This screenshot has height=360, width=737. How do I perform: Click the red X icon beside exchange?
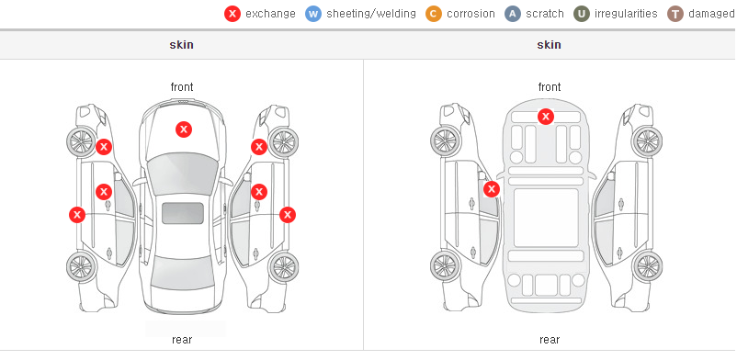(x=232, y=14)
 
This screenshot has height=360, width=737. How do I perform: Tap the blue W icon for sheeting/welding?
(x=313, y=14)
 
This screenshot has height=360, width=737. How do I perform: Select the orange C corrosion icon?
(x=434, y=14)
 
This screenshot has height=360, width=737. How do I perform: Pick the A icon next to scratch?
(x=513, y=14)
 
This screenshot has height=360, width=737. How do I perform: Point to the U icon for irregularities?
(x=582, y=14)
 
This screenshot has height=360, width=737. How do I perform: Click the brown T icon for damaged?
(x=675, y=14)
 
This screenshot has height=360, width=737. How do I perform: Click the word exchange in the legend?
(x=270, y=14)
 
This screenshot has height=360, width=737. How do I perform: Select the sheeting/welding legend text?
(x=371, y=14)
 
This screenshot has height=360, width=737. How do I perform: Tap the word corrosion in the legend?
(x=471, y=14)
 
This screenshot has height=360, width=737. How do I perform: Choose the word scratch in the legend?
(x=545, y=14)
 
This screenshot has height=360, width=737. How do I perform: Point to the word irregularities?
(x=626, y=14)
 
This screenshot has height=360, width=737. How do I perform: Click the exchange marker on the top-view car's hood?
(x=184, y=129)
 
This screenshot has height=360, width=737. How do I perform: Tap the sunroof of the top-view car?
(x=183, y=213)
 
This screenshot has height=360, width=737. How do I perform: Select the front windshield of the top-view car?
(x=183, y=174)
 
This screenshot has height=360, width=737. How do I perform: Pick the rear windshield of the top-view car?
(x=182, y=274)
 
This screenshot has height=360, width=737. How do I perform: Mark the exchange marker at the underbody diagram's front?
(x=546, y=116)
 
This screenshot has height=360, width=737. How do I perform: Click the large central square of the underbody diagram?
(x=546, y=218)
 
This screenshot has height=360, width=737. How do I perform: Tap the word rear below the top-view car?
(x=182, y=340)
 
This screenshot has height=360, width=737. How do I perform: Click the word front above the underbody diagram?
(x=550, y=87)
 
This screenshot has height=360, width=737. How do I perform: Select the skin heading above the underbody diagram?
(x=549, y=45)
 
